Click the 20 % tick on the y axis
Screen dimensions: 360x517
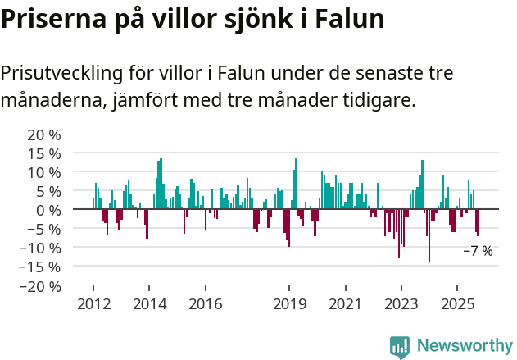click(44, 134)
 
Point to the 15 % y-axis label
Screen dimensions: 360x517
click(44, 153)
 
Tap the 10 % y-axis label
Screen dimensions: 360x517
click(44, 172)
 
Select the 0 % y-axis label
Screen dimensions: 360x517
click(48, 210)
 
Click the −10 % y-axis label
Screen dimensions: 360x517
click(40, 248)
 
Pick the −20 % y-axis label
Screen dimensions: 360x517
click(40, 286)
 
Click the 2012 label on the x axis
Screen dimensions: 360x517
click(93, 304)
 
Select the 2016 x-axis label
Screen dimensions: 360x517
click(205, 304)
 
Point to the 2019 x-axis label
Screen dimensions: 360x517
click(288, 304)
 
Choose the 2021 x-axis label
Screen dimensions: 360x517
click(345, 304)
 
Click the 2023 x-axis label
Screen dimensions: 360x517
click(401, 304)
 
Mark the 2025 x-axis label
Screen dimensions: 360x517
click(457, 304)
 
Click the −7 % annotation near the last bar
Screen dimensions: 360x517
click(478, 251)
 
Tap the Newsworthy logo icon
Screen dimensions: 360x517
click(400, 345)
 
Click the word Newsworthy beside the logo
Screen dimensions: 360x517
click(465, 345)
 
